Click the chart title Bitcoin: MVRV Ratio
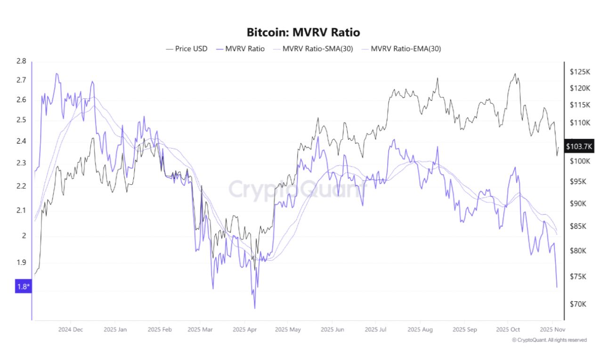click(303, 32)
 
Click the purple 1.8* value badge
click(22, 286)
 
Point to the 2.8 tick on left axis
click(21, 61)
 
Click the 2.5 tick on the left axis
click(21, 120)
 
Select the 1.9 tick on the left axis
click(21, 263)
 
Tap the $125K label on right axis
click(579, 72)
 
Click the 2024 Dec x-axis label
click(71, 329)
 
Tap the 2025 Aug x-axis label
click(421, 329)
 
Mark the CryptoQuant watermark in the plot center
click(297, 189)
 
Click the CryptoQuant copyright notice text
click(549, 340)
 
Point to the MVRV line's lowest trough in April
click(255, 308)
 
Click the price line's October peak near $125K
click(515, 74)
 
